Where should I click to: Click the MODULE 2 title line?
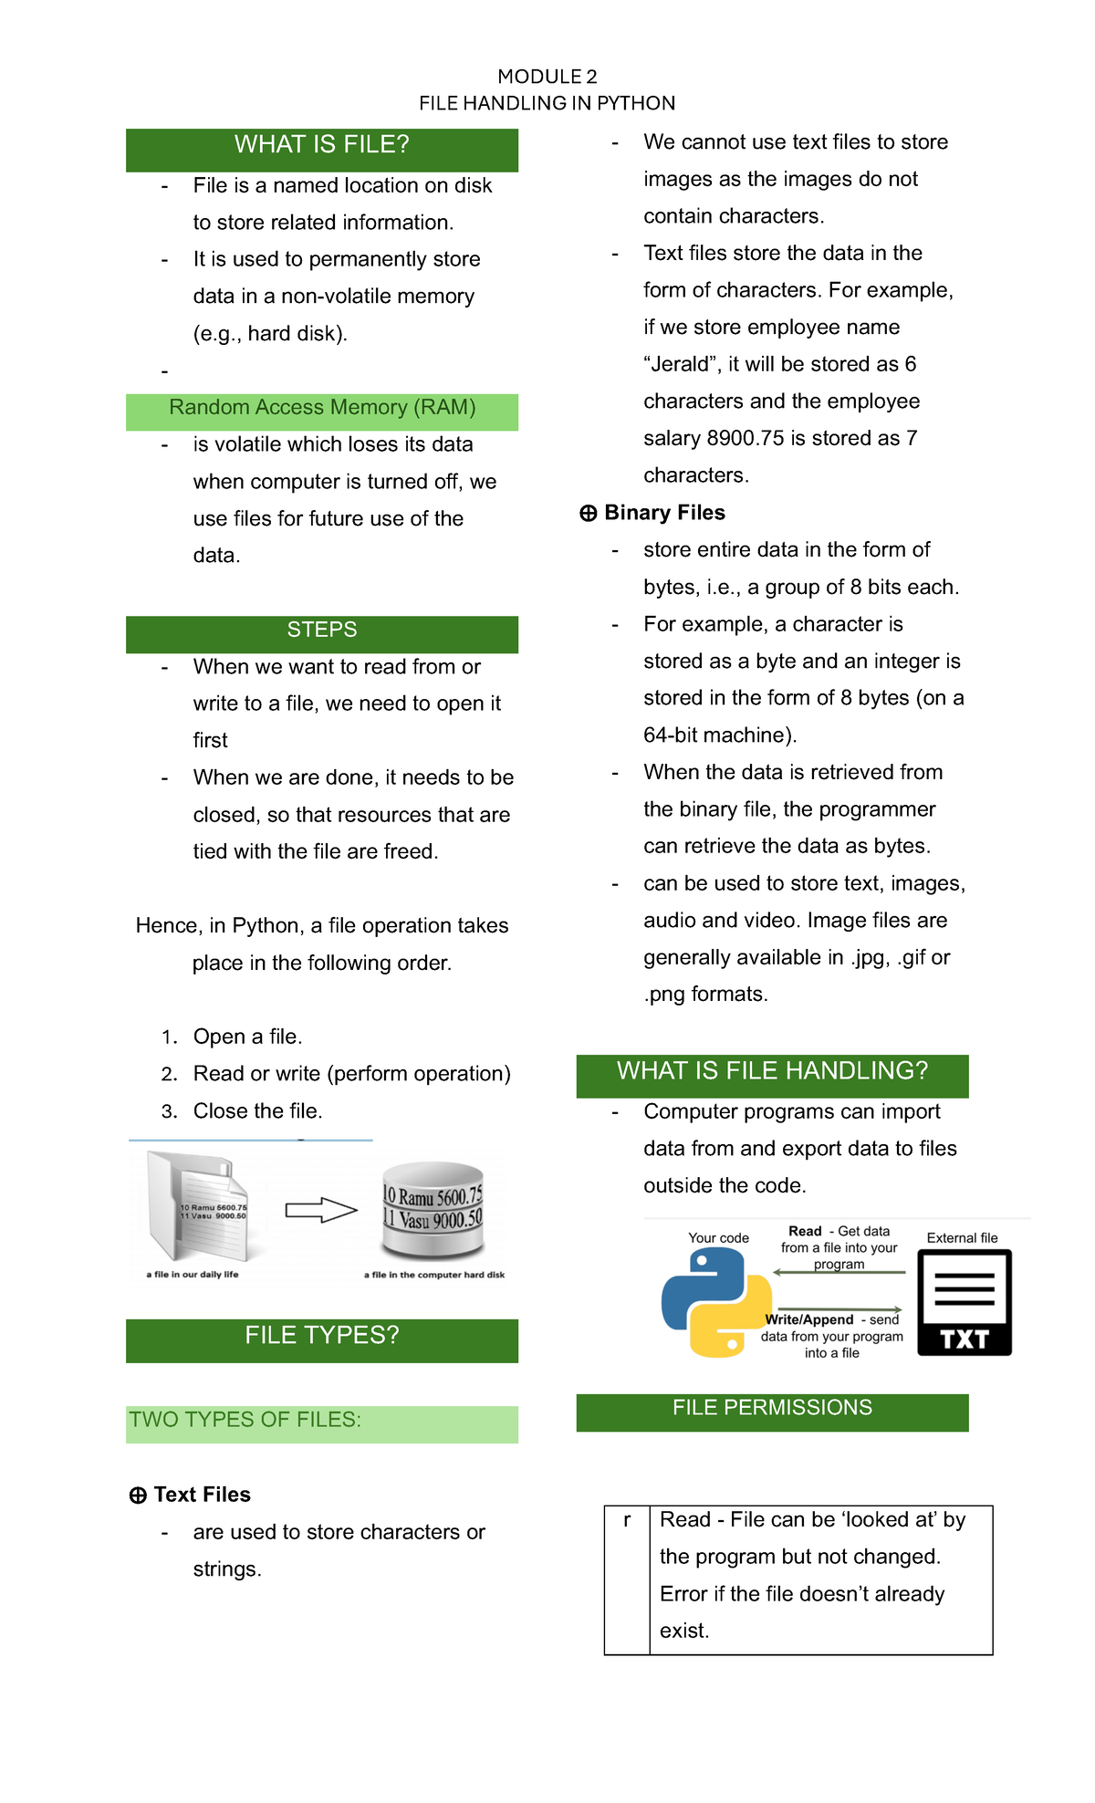547,77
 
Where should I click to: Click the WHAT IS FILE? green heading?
321,145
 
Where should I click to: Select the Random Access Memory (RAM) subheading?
321,408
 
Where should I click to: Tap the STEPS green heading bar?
321,631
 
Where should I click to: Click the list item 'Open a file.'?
247,1037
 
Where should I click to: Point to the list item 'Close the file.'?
257,1111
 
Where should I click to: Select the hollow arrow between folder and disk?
320,1211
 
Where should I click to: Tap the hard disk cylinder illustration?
433,1209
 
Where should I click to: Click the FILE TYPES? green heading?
321,1336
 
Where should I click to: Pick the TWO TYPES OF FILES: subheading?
245,1421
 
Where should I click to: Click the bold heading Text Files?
202,1495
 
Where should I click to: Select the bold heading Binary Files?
664,513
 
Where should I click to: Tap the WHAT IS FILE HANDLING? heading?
772,1071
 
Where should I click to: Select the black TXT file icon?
964,1302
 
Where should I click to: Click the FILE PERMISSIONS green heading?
772,1408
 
